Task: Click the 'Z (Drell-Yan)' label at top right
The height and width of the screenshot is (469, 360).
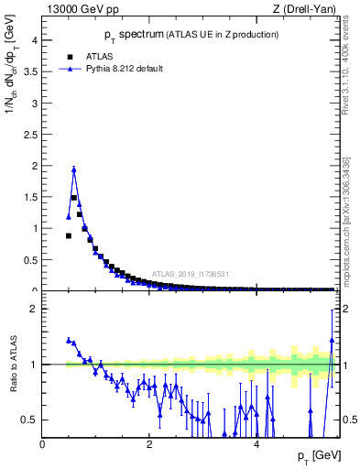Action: pos(304,9)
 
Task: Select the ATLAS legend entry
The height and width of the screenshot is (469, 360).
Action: pos(89,56)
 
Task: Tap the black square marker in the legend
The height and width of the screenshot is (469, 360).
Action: pos(63,56)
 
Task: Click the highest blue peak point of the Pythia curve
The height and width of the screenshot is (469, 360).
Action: pos(73,169)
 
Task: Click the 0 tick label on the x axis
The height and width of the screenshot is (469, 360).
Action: pos(42,444)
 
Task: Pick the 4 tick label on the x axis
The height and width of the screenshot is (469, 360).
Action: pos(256,444)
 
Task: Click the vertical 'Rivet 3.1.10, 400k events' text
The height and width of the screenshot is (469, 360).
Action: pos(346,87)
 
